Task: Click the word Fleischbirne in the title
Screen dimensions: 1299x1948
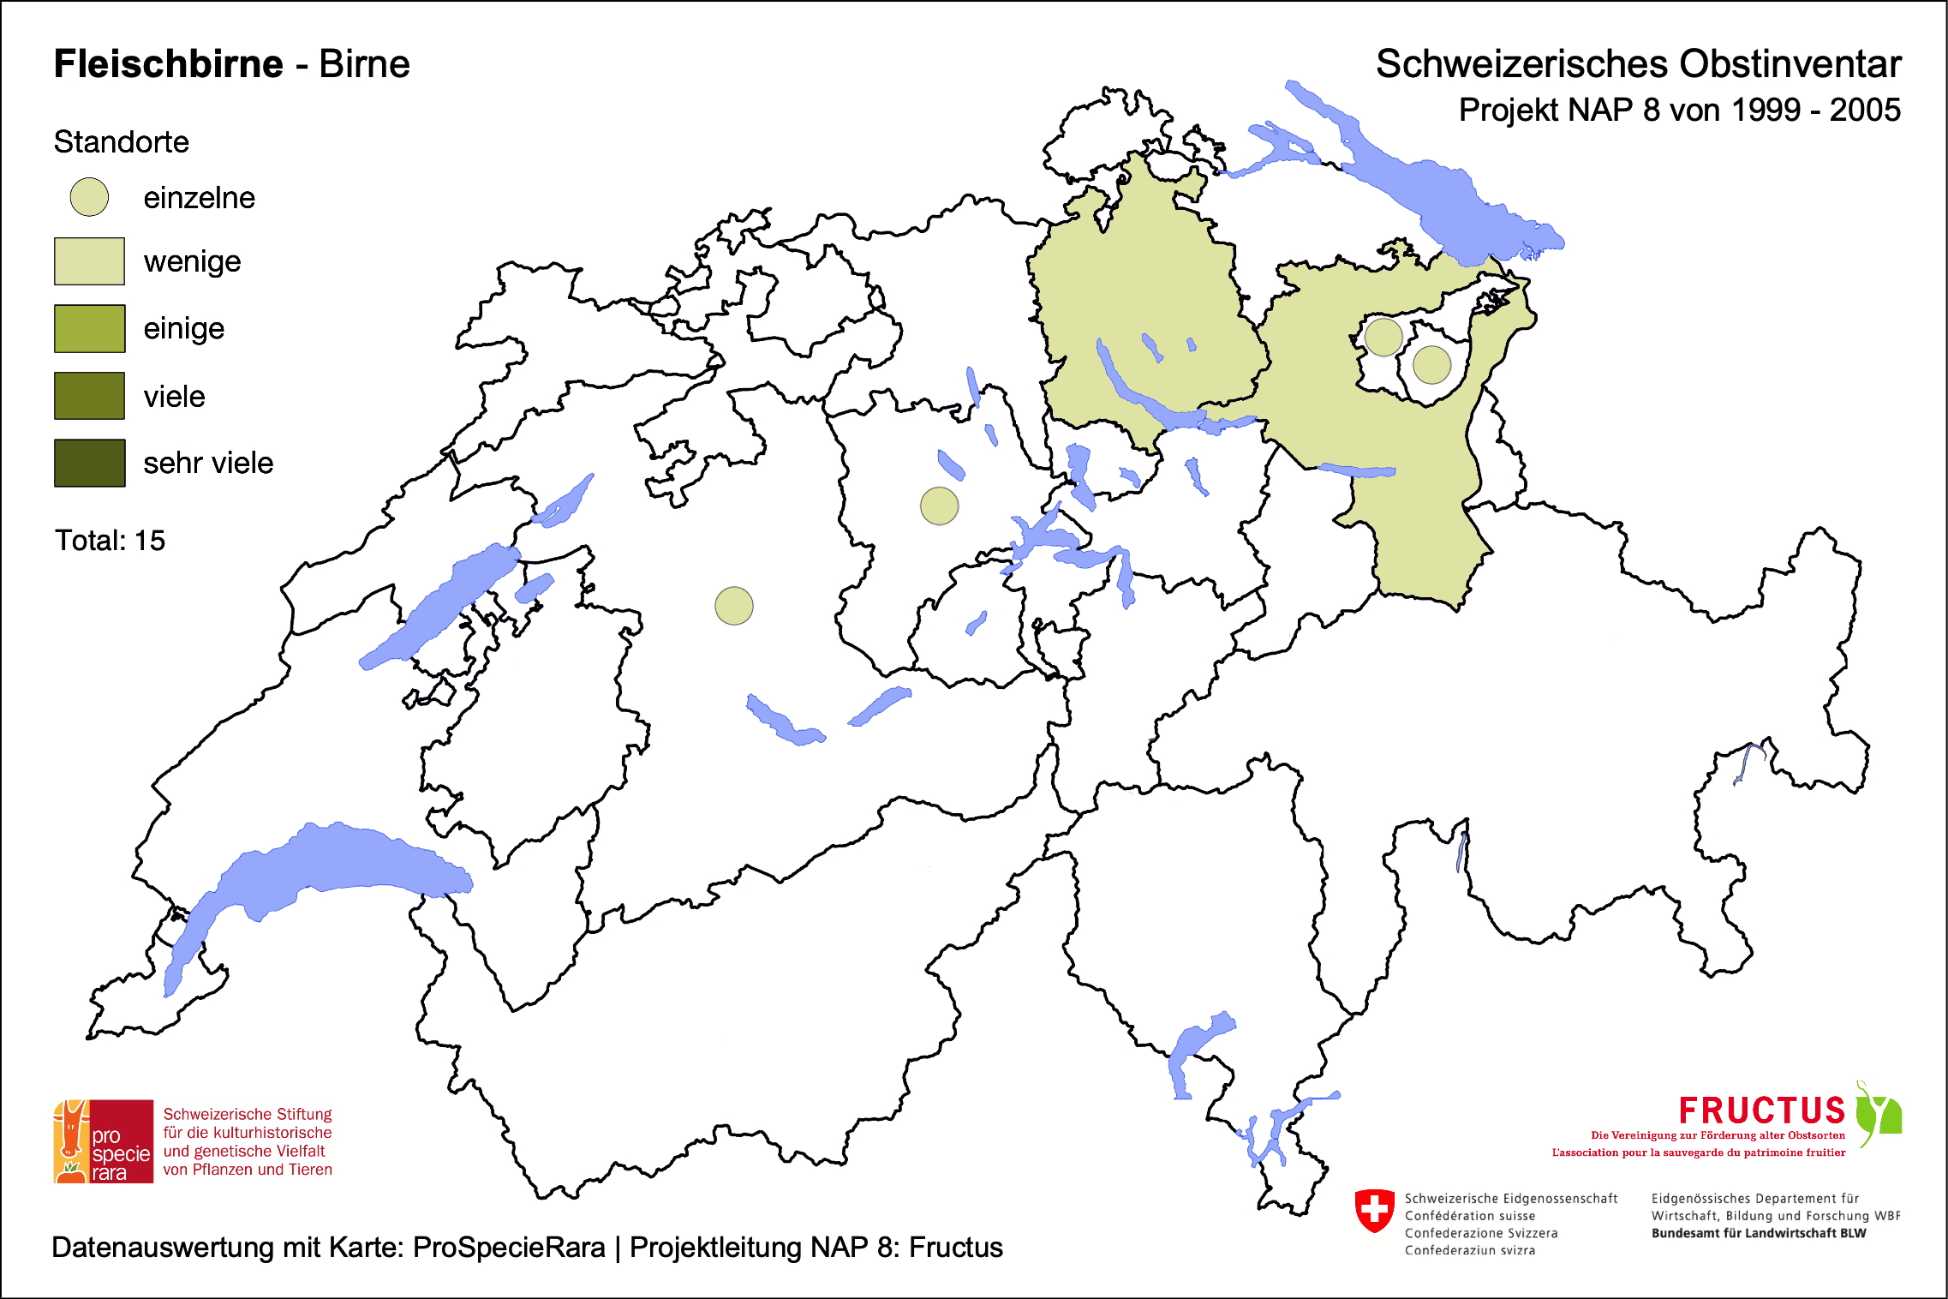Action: [x=168, y=64]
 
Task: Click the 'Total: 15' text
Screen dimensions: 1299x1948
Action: [x=110, y=541]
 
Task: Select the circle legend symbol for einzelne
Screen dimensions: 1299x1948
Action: [x=89, y=197]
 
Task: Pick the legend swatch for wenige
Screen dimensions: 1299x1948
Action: [x=89, y=261]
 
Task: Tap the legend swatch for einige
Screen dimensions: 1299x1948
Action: [x=89, y=328]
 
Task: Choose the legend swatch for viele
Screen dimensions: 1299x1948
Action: [x=89, y=396]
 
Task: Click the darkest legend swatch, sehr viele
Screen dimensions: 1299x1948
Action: [x=89, y=463]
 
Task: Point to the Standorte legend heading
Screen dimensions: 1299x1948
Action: [x=121, y=142]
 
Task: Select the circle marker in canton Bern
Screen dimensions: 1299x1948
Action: [x=734, y=606]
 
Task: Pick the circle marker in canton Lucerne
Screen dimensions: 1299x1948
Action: [x=939, y=506]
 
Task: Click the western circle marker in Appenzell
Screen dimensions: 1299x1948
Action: [x=1383, y=337]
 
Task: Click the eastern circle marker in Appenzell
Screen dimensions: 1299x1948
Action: [x=1431, y=365]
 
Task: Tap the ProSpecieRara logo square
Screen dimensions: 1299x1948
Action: [x=104, y=1141]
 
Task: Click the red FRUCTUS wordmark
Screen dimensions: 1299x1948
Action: [x=1761, y=1111]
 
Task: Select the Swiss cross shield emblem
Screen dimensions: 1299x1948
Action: [x=1374, y=1211]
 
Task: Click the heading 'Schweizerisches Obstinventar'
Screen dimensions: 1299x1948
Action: [x=1638, y=64]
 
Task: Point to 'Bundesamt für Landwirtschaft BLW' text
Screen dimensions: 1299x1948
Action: [x=1758, y=1233]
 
